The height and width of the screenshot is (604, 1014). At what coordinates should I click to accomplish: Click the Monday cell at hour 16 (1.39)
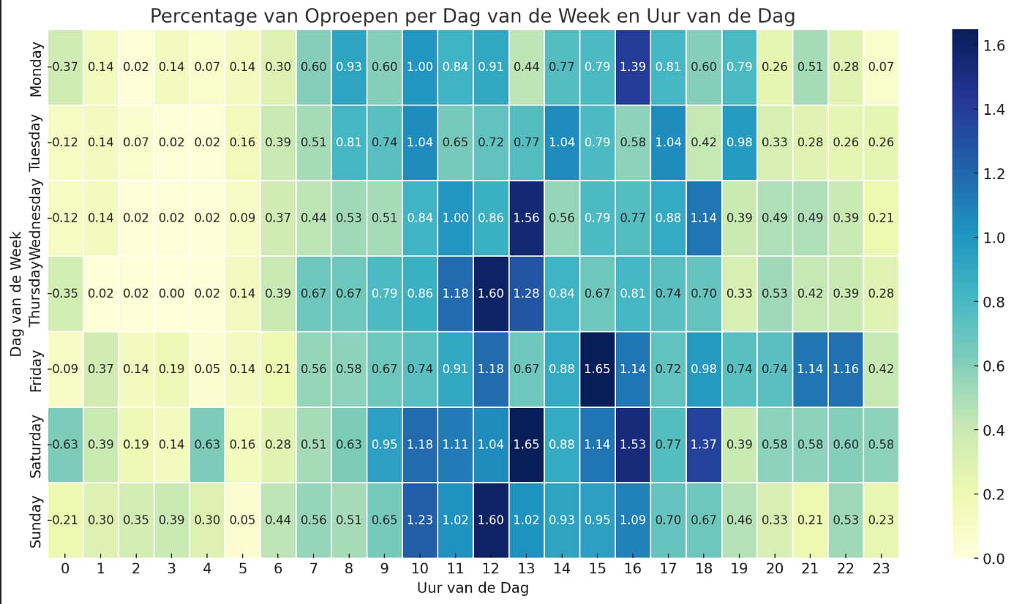[633, 67]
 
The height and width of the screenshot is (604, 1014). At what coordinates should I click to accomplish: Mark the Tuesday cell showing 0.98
[739, 143]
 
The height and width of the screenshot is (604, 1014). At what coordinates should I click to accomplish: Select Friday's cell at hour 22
[845, 369]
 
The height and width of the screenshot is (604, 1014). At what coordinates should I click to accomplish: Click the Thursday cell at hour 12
[491, 293]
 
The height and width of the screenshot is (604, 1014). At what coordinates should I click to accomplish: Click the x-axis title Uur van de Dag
[473, 588]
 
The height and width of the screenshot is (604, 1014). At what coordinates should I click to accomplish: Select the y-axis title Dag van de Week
[16, 293]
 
